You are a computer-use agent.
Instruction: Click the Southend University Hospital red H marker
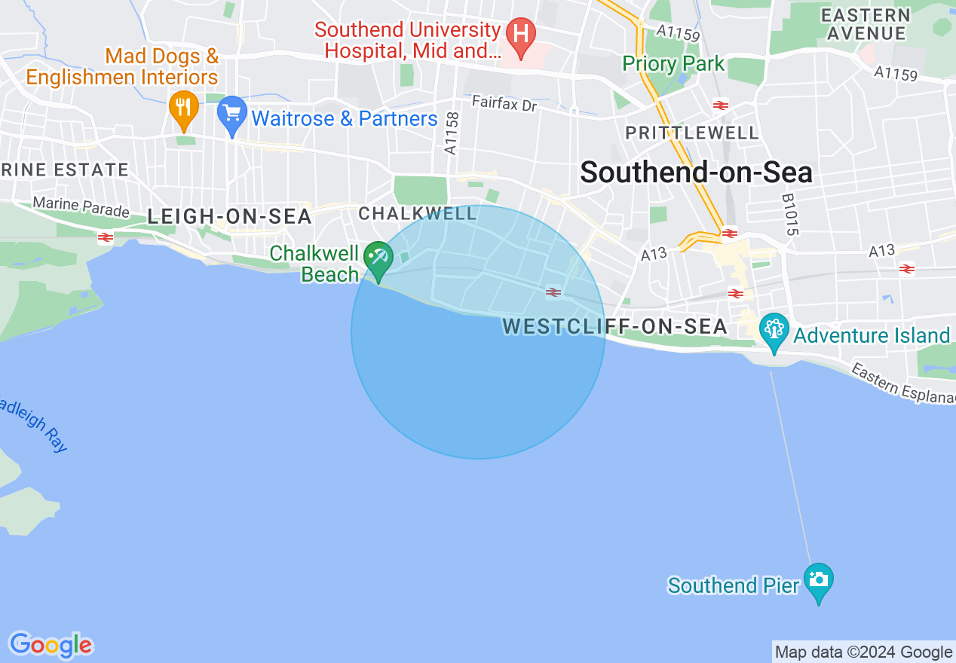pyautogui.click(x=519, y=34)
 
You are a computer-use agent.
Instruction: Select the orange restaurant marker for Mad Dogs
pyautogui.click(x=183, y=108)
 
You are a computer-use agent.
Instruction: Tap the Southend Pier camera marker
pyautogui.click(x=818, y=581)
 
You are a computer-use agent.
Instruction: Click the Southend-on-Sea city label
pyautogui.click(x=696, y=173)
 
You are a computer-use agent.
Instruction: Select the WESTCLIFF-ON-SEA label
pyautogui.click(x=614, y=327)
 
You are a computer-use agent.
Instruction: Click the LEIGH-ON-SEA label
pyautogui.click(x=229, y=217)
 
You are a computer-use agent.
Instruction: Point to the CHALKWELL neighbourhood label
pyautogui.click(x=418, y=214)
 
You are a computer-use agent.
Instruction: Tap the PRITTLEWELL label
pyautogui.click(x=692, y=133)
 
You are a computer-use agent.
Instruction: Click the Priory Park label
pyautogui.click(x=673, y=64)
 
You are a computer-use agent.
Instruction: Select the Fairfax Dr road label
pyautogui.click(x=504, y=103)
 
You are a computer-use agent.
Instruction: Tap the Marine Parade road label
pyautogui.click(x=81, y=206)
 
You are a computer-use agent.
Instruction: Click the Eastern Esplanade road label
pyautogui.click(x=902, y=384)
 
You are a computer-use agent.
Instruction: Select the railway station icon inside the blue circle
pyautogui.click(x=553, y=292)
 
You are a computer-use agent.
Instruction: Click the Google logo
pyautogui.click(x=51, y=645)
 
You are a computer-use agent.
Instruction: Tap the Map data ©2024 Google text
pyautogui.click(x=863, y=652)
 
